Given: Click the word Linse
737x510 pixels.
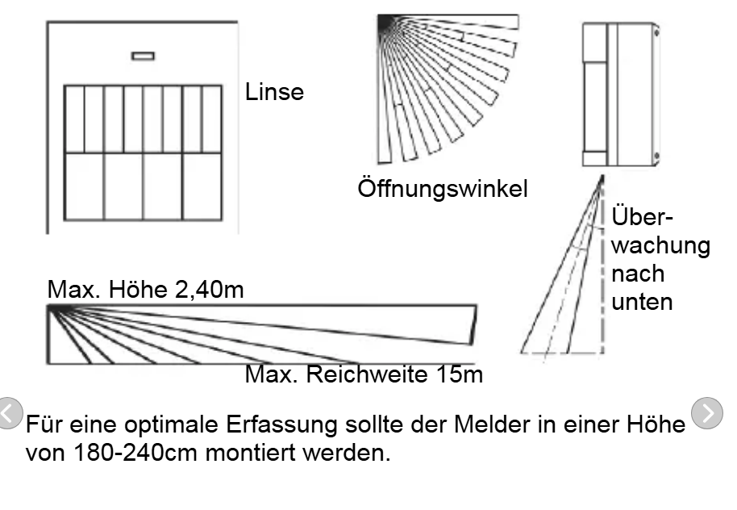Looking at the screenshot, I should (x=274, y=93).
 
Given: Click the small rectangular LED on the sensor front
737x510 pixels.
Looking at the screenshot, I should (x=144, y=56).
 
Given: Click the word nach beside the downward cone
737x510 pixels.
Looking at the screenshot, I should (x=638, y=274).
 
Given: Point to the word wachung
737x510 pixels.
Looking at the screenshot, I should (x=660, y=245).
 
